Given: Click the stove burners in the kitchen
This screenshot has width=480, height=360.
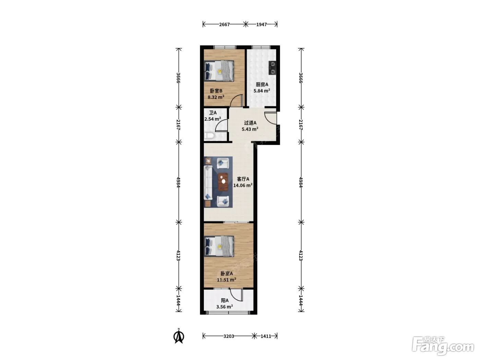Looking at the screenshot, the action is (x=272, y=68).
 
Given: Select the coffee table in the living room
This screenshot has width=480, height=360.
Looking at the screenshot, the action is (x=223, y=182).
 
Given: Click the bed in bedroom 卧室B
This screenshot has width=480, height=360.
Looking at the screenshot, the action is (x=219, y=71).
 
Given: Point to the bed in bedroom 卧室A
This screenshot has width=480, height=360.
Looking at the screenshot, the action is (x=219, y=246).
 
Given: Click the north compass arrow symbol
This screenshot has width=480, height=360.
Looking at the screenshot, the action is (x=179, y=337).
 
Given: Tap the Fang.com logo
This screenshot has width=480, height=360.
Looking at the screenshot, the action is (x=443, y=346).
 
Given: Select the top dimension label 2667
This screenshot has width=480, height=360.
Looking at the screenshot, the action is (x=224, y=24).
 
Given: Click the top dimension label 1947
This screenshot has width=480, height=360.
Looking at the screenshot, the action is (x=262, y=24).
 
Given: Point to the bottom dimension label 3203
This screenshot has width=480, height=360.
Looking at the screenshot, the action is (x=229, y=336).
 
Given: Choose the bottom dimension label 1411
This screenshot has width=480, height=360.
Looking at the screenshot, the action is (x=266, y=336).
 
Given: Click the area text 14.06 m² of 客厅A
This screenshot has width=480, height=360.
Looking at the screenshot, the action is (x=243, y=185).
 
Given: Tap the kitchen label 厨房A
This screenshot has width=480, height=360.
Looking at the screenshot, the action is (x=262, y=84).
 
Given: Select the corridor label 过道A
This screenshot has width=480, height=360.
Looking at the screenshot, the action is (x=250, y=123).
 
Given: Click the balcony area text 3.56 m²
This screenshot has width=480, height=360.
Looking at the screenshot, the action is (x=224, y=307).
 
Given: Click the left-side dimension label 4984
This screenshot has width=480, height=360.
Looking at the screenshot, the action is (x=178, y=182).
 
